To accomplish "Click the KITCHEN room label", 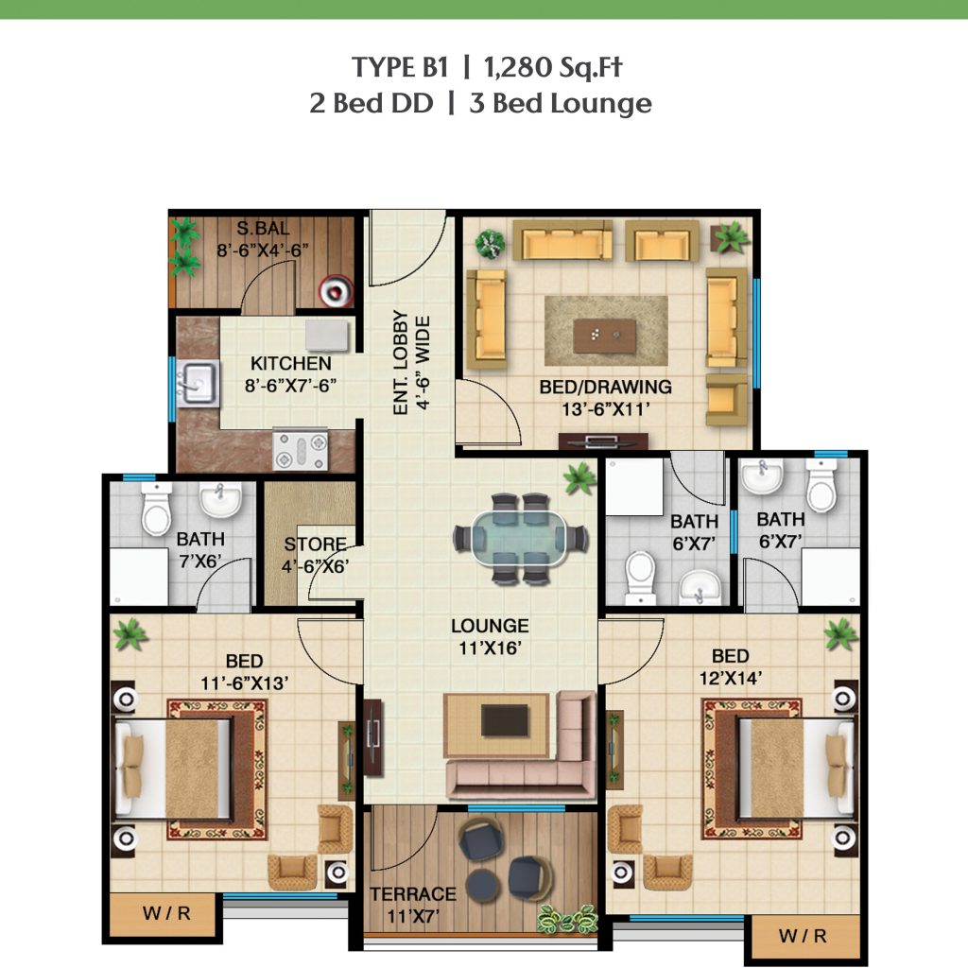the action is [x=291, y=363].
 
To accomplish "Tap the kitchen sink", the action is [x=198, y=383].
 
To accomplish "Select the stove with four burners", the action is [x=301, y=450].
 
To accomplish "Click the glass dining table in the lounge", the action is [x=519, y=538].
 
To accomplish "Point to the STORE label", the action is [x=315, y=544].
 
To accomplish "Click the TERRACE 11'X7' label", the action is [x=413, y=905].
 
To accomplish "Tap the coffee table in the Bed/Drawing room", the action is [x=604, y=336].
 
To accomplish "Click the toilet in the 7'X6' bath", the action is [x=156, y=508].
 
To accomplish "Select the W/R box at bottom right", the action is [x=804, y=936].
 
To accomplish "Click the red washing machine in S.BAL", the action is [x=336, y=290].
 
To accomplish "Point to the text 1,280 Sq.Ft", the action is [x=553, y=67].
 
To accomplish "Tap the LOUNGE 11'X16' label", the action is [x=490, y=636].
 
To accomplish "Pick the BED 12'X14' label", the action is [x=731, y=666].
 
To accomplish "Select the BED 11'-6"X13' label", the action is [x=245, y=672].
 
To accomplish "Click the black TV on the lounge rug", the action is [x=505, y=721].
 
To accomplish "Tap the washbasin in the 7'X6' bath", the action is [x=220, y=499].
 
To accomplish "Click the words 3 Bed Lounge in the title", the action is [x=561, y=104].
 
